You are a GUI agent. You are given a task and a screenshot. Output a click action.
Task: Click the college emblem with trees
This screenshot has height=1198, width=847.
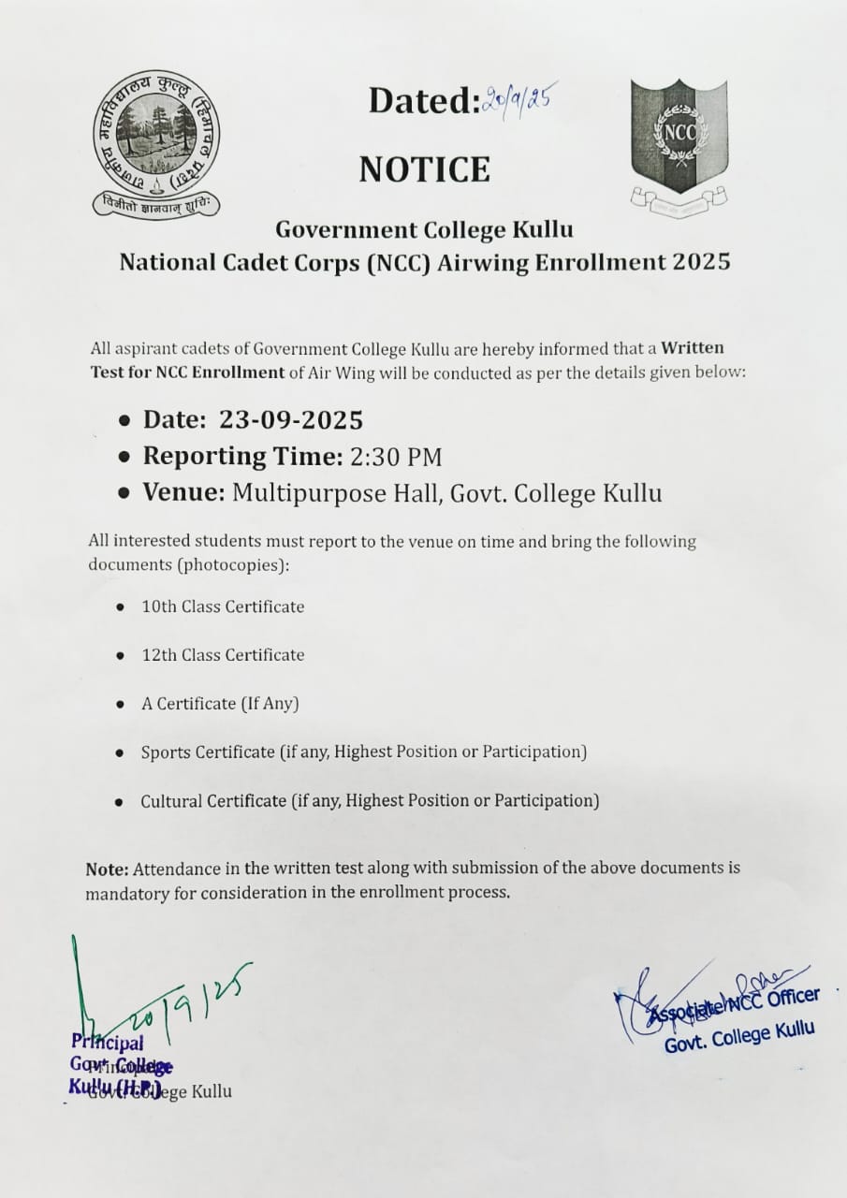point(155,143)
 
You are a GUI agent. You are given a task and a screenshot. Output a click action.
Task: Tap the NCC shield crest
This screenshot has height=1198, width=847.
point(679,136)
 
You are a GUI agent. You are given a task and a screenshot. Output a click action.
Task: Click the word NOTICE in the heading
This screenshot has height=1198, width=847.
point(424,169)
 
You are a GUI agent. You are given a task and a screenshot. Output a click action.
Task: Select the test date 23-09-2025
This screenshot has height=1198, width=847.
point(291,418)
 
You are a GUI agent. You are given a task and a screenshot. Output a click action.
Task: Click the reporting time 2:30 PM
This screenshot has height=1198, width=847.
point(396,457)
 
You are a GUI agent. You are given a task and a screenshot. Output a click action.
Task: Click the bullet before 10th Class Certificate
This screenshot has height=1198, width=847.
point(120,607)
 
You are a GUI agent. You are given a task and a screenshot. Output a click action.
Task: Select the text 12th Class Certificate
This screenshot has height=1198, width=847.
point(223,655)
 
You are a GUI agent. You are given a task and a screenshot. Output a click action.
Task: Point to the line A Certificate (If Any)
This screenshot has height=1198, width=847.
point(220,704)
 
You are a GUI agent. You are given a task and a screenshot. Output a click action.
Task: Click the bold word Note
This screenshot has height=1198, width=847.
point(107,869)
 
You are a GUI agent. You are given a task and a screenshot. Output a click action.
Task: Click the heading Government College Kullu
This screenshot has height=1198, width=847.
point(424,229)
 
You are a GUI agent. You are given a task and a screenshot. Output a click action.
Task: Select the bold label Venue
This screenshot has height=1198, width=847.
point(183,493)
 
